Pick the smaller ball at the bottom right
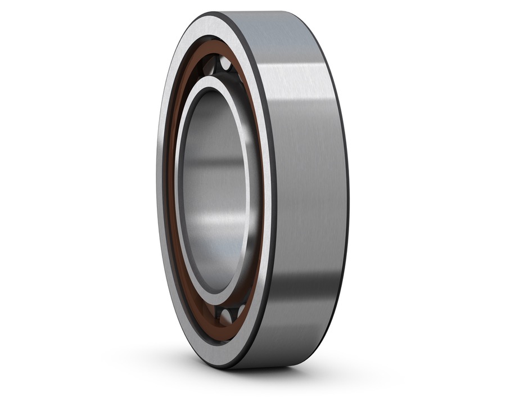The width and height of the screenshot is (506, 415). (241, 311)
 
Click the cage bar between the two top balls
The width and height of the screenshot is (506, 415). (217, 61)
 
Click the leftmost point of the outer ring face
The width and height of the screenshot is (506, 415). (159, 191)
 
